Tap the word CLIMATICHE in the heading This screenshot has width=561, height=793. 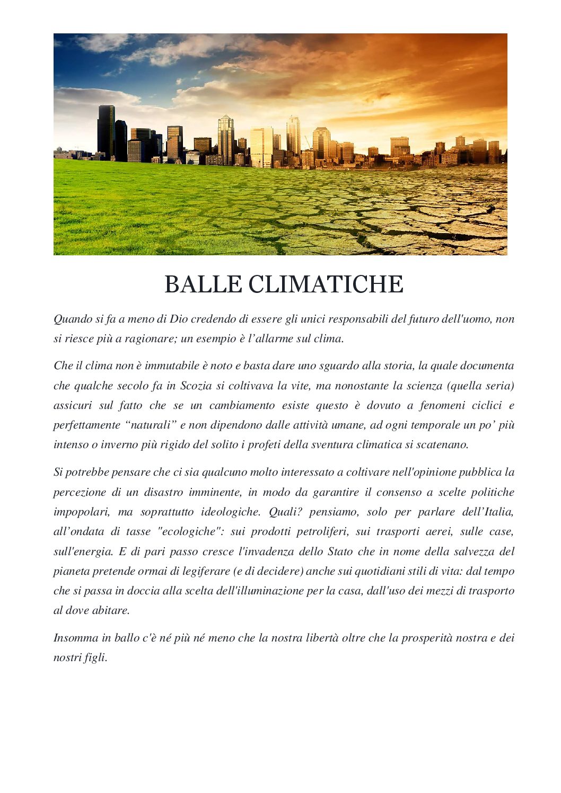(x=326, y=284)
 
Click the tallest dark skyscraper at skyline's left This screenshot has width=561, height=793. (x=106, y=131)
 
